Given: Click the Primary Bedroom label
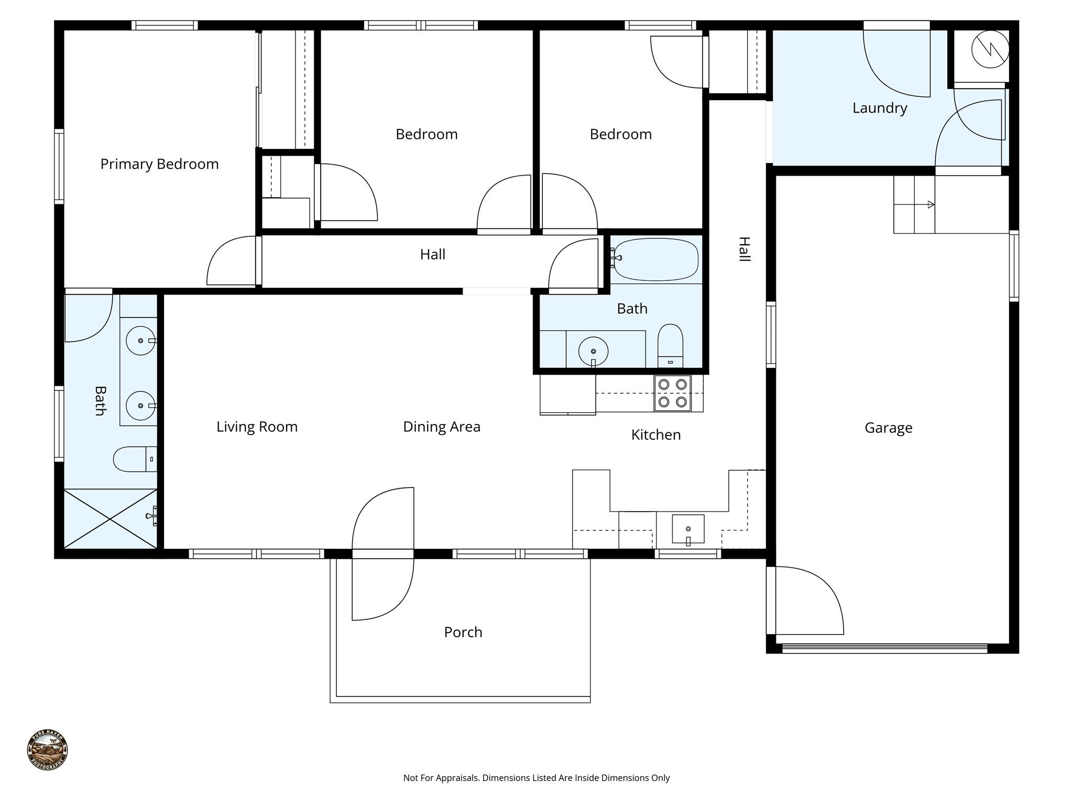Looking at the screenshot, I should pos(159,164).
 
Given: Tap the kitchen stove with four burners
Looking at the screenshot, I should pos(672,393).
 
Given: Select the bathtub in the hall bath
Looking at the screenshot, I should pos(656,259).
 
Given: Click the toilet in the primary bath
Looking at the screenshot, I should pos(134,459).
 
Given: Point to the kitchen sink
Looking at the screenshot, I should pos(688,529).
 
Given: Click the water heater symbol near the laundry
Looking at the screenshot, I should pos(990,49).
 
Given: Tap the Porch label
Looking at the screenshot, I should pos(463,632).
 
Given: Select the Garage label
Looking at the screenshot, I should pos(888,428).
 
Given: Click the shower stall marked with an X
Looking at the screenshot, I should pos(110,519).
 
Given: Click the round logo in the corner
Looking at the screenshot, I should pos(47,749).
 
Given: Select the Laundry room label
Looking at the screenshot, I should pos(879,108).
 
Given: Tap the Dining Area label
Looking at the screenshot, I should pos(441,427).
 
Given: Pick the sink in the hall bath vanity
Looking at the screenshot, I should pos(593,351).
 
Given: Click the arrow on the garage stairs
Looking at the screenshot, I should pos(930,204).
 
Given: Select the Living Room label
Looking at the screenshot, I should pos(257,427).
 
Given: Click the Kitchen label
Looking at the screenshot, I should pos(655,434).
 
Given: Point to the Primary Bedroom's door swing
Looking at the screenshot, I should pos(231,262).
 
